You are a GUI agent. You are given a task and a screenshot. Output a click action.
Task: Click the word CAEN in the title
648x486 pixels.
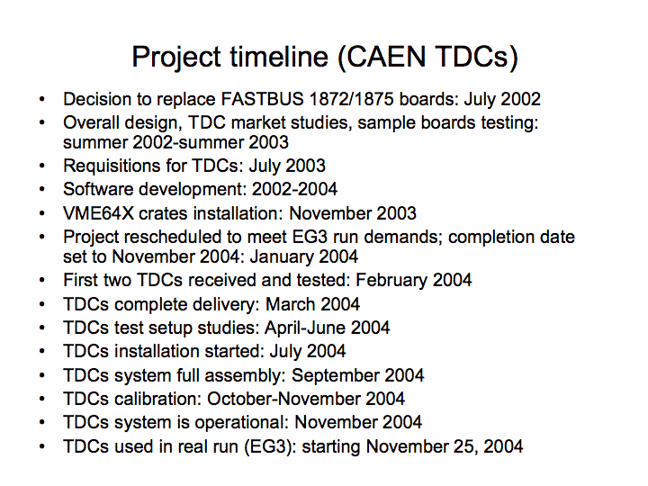[385, 57]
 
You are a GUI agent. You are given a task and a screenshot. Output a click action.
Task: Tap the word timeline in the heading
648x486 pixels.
[279, 57]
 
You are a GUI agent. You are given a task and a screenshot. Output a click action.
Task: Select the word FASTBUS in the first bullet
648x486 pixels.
[263, 99]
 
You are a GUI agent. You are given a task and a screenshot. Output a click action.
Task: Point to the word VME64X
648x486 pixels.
[99, 213]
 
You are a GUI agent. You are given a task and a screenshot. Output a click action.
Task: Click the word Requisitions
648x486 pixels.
[112, 166]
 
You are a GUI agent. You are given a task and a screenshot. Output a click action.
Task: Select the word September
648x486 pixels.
[336, 376]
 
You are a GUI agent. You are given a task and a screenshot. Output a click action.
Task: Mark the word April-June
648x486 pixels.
[305, 328]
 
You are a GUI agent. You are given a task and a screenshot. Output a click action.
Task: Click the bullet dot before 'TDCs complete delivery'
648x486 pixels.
[41, 304]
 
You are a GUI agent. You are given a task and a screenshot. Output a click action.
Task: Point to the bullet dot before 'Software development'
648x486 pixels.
[41, 190]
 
